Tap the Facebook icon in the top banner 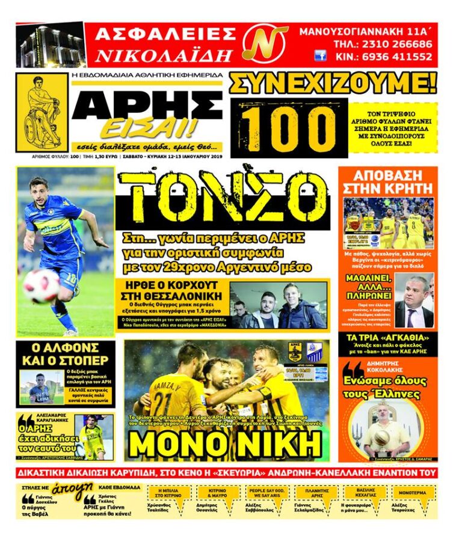320,56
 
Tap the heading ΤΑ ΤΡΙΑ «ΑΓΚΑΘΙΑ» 386,338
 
